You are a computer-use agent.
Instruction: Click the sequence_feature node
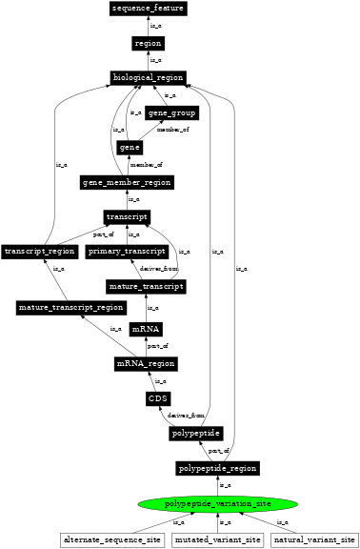point(148,9)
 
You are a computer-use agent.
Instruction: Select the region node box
point(148,43)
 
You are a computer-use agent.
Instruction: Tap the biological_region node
point(148,77)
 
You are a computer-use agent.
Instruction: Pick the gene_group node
point(171,113)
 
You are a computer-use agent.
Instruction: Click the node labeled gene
point(130,148)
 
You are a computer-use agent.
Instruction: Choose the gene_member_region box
point(128,182)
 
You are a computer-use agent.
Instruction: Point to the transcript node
point(126,217)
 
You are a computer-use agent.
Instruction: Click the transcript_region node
point(39,252)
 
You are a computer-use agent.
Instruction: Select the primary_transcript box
point(127,252)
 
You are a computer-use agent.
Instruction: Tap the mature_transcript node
point(146,286)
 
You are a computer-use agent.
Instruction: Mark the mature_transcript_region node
point(71,308)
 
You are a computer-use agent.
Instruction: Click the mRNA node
point(146,329)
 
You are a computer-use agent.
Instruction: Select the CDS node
point(159,398)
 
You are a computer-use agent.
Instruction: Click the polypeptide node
point(197,434)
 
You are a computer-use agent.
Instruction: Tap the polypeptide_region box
point(218,468)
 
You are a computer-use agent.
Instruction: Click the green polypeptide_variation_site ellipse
point(218,503)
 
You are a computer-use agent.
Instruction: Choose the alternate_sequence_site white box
point(112,540)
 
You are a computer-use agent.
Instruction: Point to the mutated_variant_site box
point(218,540)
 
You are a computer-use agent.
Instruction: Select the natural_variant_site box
point(314,540)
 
